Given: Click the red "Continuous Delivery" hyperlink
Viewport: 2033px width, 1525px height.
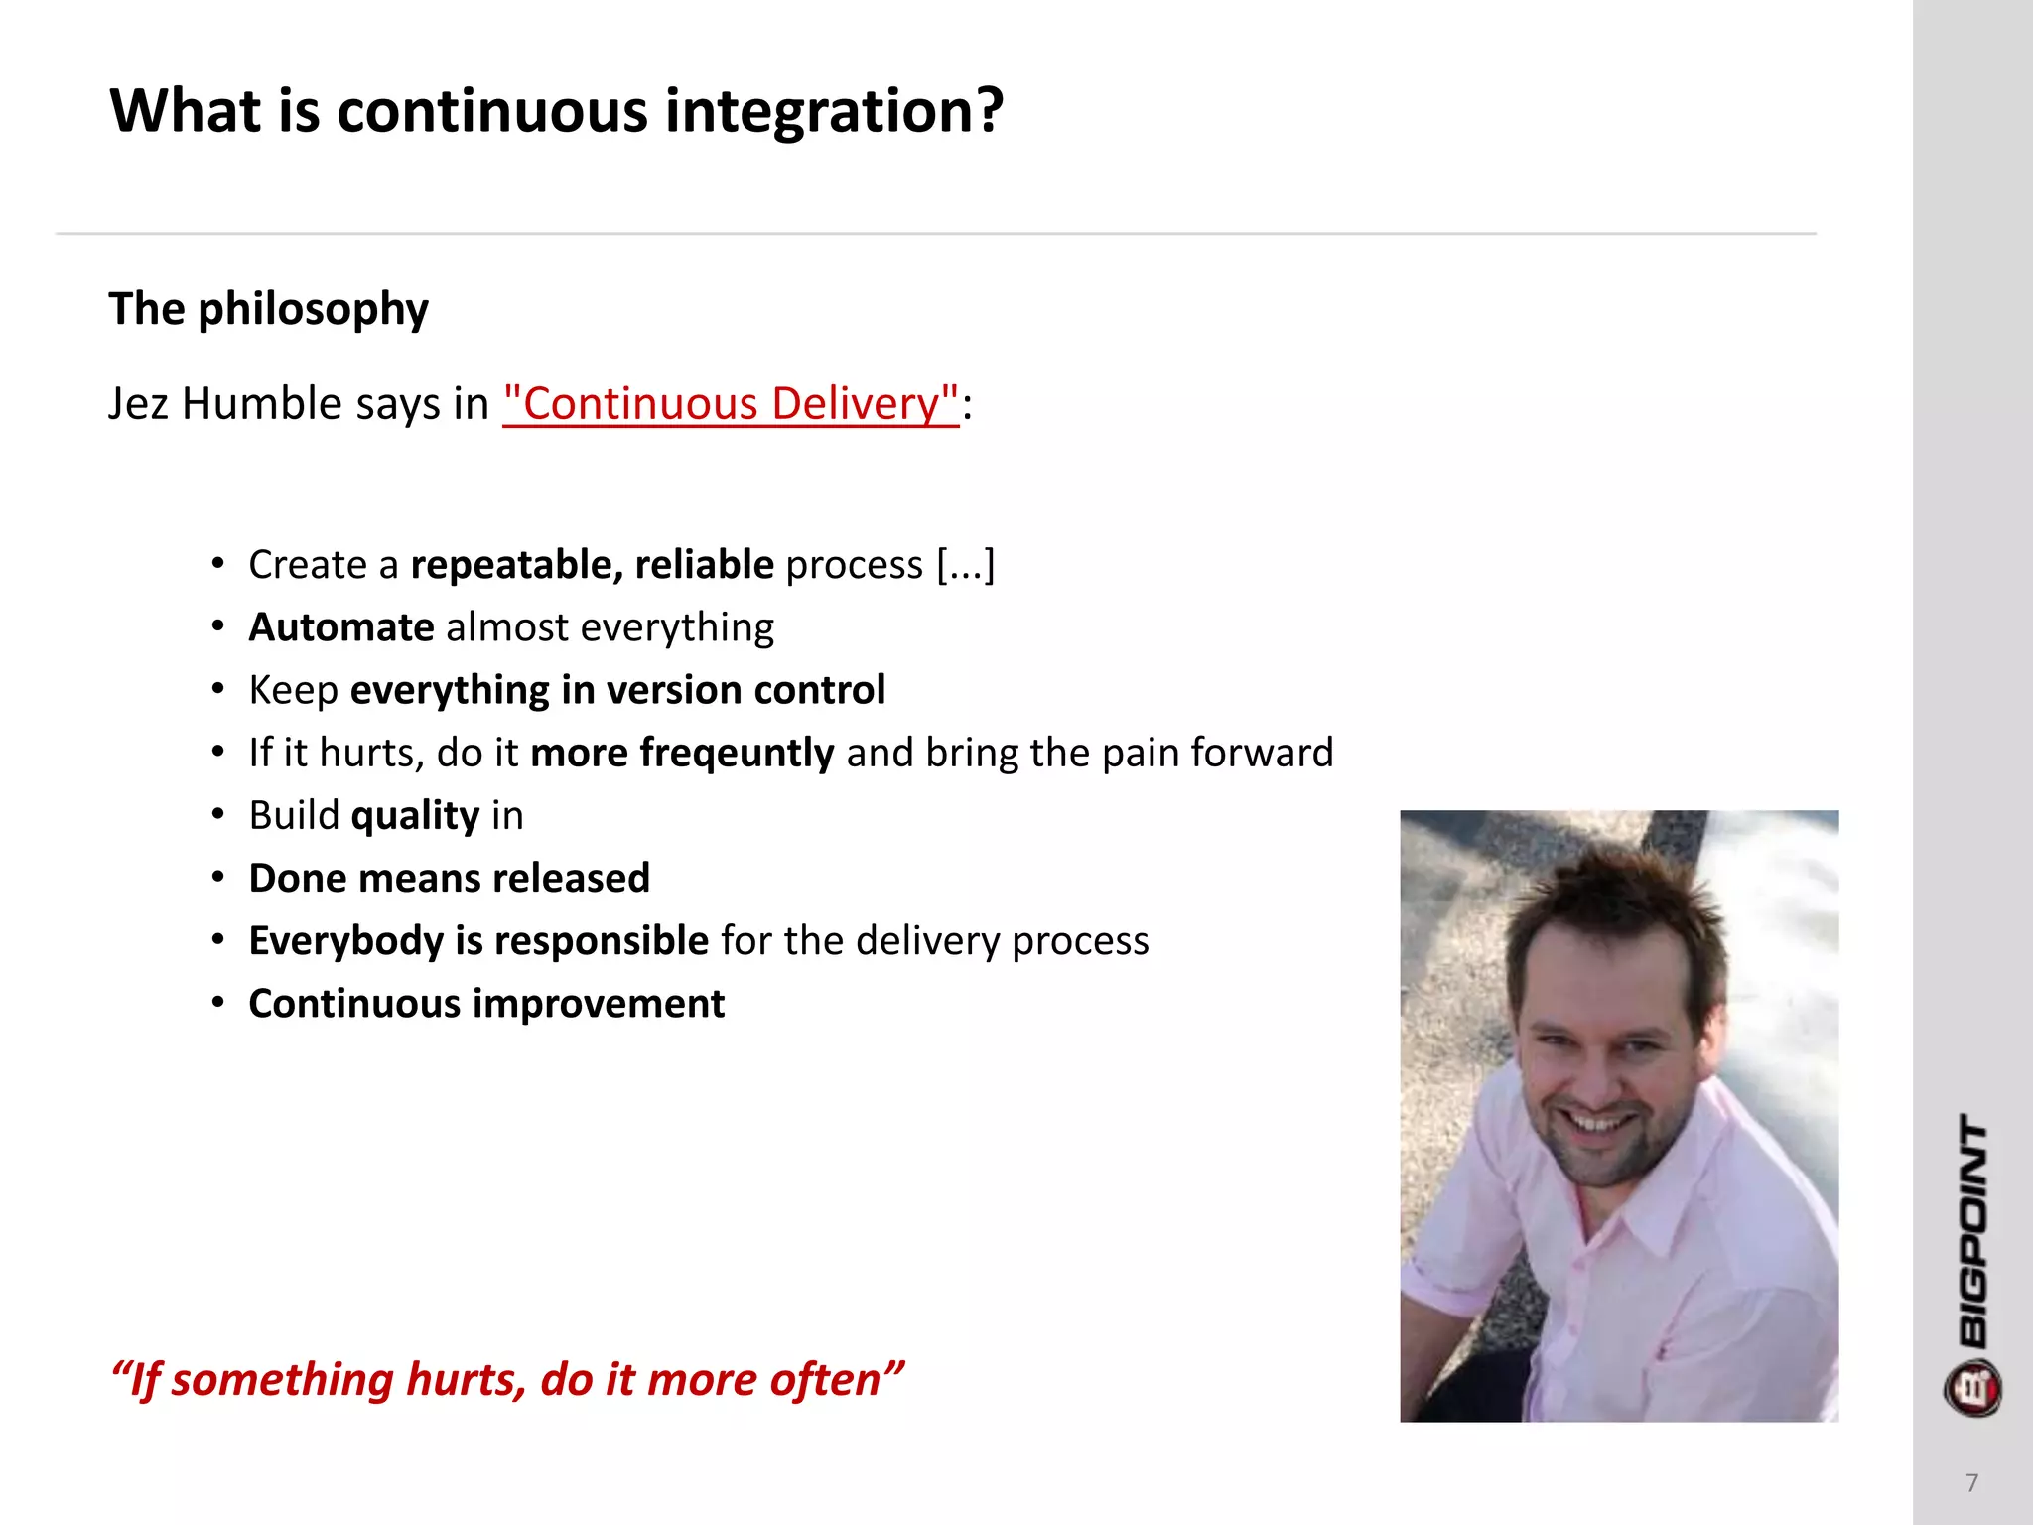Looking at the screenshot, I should (731, 404).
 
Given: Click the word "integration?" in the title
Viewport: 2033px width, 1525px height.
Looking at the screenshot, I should (834, 111).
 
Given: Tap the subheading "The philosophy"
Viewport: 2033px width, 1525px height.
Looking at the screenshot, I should (268, 309).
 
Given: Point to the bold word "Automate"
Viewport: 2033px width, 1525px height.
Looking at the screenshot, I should (341, 627).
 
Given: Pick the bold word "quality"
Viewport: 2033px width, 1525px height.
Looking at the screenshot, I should (415, 815).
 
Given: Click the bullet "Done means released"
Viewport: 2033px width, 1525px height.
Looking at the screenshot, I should (449, 879).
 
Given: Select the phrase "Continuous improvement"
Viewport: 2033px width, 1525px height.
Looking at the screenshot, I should (486, 1004).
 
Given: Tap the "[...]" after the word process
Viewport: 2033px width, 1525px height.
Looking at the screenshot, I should (965, 565).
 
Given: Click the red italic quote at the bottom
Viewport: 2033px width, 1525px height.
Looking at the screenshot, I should (506, 1380).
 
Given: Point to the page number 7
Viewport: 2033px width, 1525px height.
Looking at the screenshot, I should (1971, 1483).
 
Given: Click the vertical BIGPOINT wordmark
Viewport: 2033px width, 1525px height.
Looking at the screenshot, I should (1973, 1231).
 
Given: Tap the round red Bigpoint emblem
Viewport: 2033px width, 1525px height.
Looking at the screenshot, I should (1972, 1388).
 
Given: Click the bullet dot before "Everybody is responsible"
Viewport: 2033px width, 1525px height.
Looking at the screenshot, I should (217, 940).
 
